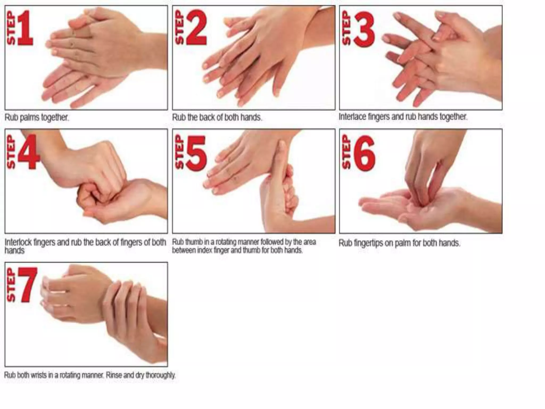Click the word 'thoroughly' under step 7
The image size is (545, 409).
[160, 375]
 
